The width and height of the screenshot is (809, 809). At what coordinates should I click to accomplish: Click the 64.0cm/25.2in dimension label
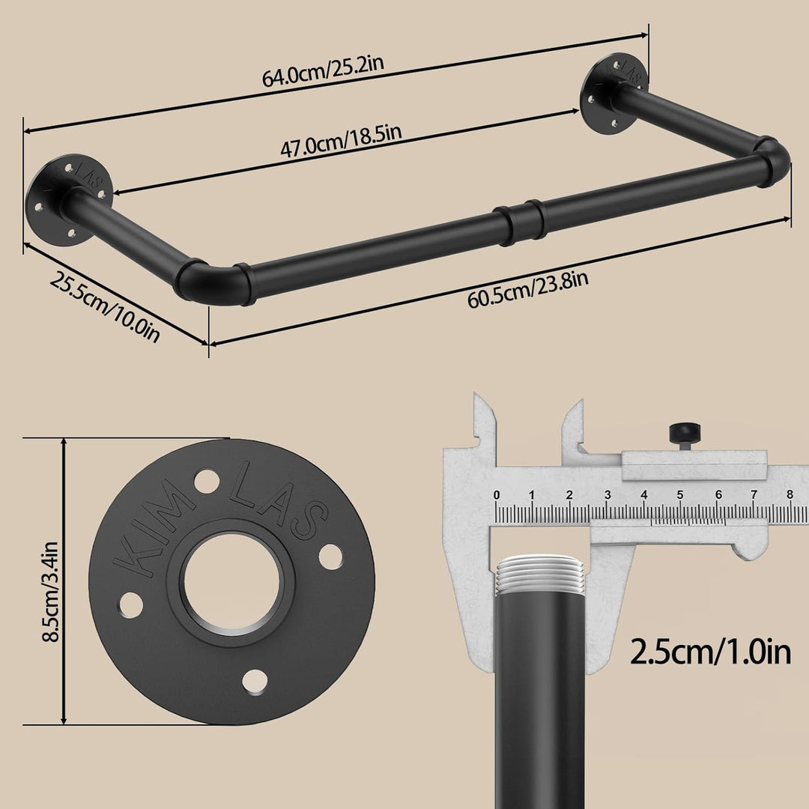tap(323, 71)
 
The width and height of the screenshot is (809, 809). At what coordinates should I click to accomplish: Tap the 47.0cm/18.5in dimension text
tap(341, 140)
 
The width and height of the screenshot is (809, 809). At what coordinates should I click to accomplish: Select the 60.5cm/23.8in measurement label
tap(528, 290)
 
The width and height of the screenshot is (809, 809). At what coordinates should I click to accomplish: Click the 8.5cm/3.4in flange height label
tap(51, 591)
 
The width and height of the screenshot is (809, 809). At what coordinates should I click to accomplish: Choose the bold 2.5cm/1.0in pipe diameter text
tap(710, 652)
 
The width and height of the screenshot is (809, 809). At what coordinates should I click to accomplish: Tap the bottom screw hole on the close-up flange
tap(255, 682)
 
